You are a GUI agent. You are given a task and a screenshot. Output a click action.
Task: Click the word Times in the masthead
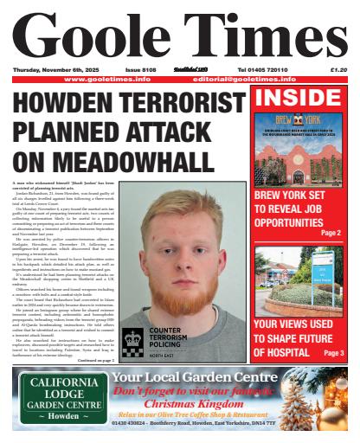pyautogui.click(x=260, y=35)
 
